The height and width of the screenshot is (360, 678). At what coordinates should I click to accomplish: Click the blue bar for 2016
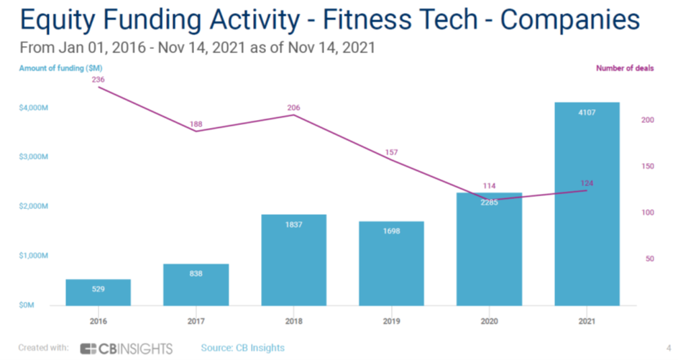[x=99, y=292]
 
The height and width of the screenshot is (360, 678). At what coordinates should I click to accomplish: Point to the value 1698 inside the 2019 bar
[x=392, y=231]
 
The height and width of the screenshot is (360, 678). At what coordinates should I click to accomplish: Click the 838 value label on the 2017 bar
[x=196, y=273]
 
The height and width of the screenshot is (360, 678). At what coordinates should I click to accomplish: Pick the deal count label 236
[x=99, y=80]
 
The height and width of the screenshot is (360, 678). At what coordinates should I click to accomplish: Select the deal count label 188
[x=196, y=124]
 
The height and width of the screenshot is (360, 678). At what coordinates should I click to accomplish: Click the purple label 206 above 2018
[x=294, y=108]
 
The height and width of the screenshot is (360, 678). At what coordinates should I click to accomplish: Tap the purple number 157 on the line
[x=392, y=152]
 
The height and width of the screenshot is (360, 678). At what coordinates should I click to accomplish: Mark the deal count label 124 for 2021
[x=587, y=183]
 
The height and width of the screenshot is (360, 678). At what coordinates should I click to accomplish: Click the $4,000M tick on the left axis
[x=33, y=108]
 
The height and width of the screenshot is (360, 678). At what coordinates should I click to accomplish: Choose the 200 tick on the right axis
[x=647, y=120]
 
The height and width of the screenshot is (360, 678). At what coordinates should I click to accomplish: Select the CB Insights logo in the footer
[x=127, y=349]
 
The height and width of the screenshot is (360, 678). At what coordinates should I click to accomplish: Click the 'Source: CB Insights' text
[x=242, y=348]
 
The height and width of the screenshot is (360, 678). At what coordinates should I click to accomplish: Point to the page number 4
[x=668, y=349]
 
